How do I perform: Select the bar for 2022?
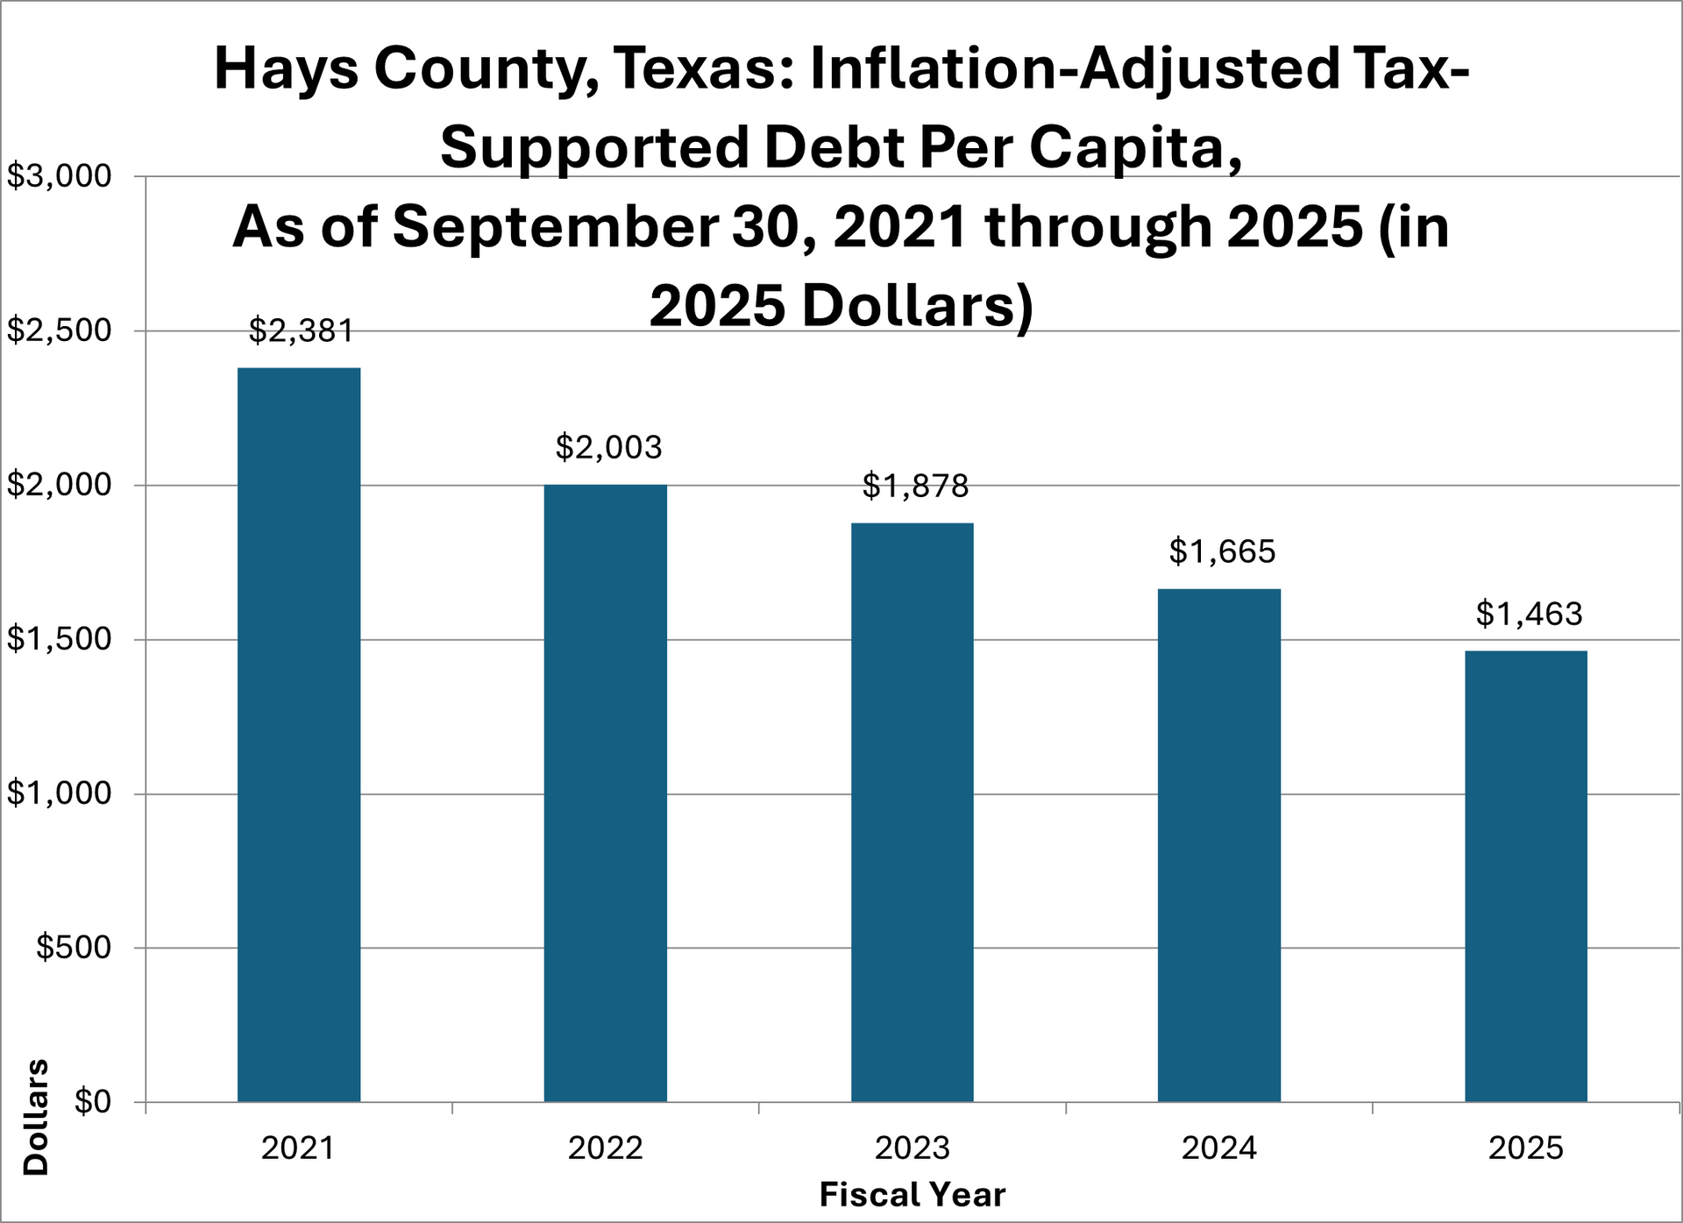pyautogui.click(x=605, y=793)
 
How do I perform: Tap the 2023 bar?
pyautogui.click(x=912, y=813)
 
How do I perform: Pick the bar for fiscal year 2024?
pyautogui.click(x=1218, y=845)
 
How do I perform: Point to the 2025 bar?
pyautogui.click(x=1525, y=877)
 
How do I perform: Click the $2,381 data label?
pyautogui.click(x=301, y=331)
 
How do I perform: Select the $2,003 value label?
pyautogui.click(x=608, y=448)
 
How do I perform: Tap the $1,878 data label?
pyautogui.click(x=915, y=486)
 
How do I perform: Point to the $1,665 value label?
pyautogui.click(x=1222, y=551)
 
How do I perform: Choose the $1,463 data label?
pyautogui.click(x=1529, y=614)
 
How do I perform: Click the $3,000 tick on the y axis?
pyautogui.click(x=60, y=176)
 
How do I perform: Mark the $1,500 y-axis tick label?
pyautogui.click(x=60, y=639)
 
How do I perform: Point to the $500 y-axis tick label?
pyautogui.click(x=74, y=948)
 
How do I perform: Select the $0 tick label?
pyautogui.click(x=92, y=1101)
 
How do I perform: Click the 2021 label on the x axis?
pyautogui.click(x=298, y=1148)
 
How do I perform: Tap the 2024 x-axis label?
pyautogui.click(x=1218, y=1148)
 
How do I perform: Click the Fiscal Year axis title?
pyautogui.click(x=912, y=1195)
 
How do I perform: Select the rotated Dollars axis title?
pyautogui.click(x=37, y=1117)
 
